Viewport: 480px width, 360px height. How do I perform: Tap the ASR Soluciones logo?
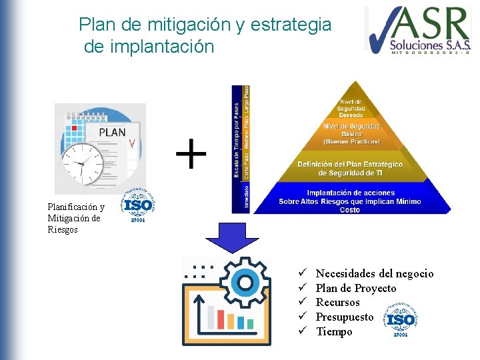(x=418, y=30)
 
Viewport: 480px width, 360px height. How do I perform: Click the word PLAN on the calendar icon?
(x=112, y=132)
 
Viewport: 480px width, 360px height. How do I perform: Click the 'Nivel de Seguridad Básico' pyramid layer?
(x=351, y=133)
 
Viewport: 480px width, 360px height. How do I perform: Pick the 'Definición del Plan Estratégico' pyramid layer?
(x=350, y=169)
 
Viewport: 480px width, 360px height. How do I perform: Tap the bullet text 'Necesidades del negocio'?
(x=374, y=273)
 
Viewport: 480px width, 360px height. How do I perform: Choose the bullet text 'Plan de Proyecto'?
(x=355, y=288)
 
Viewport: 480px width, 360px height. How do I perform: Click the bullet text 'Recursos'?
(x=338, y=303)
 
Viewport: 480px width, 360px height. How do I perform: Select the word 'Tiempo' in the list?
(x=334, y=332)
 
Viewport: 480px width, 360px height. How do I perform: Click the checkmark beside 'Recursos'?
(x=301, y=303)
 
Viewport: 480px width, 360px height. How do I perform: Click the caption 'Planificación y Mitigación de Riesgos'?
(x=76, y=218)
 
